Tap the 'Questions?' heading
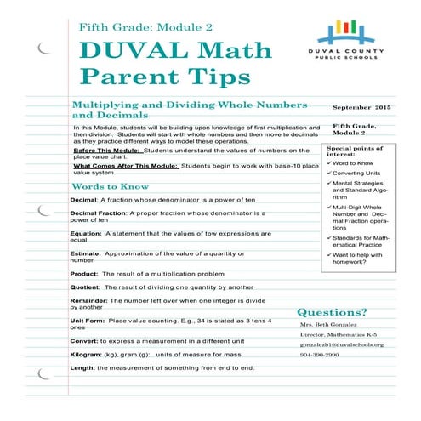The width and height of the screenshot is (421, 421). click(332, 312)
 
